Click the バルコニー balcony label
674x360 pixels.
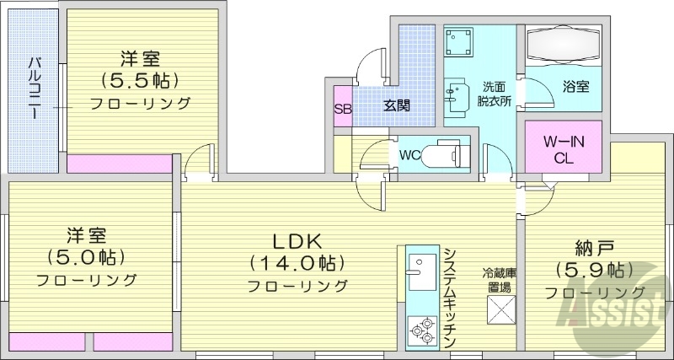click(35, 88)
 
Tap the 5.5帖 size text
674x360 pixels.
click(140, 82)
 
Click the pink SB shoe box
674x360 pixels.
click(343, 108)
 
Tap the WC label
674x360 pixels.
click(410, 155)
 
